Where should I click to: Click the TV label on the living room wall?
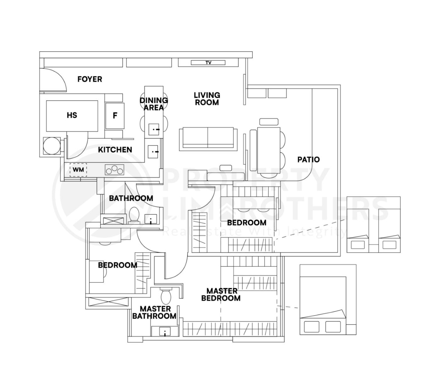pyautogui.click(x=208, y=63)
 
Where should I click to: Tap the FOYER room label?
pyautogui.click(x=90, y=79)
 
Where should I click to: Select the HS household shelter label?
pyautogui.click(x=72, y=116)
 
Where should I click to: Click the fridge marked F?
pyautogui.click(x=115, y=116)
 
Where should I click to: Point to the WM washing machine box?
pyautogui.click(x=78, y=170)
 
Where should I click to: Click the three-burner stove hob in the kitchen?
pyautogui.click(x=115, y=170)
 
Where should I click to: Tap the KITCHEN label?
pyautogui.click(x=115, y=150)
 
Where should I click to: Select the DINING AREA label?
pyautogui.click(x=154, y=104)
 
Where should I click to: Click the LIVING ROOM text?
pyautogui.click(x=207, y=99)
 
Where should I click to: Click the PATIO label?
pyautogui.click(x=308, y=160)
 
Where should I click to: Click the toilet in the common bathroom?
pyautogui.click(x=134, y=214)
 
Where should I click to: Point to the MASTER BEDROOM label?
pyautogui.click(x=221, y=294)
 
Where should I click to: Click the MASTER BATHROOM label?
pyautogui.click(x=154, y=313)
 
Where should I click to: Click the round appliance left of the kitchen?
pyautogui.click(x=52, y=146)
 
